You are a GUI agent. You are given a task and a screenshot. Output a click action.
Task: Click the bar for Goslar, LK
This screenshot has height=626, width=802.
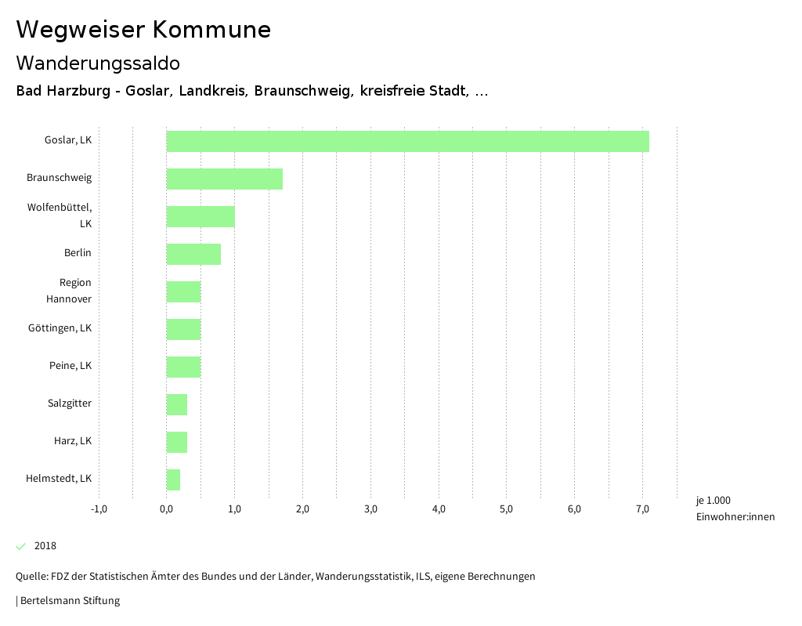(x=407, y=141)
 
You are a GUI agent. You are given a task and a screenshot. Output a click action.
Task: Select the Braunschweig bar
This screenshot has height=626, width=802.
(x=224, y=179)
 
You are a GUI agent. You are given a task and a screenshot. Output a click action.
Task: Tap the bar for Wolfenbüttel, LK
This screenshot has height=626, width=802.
(x=200, y=216)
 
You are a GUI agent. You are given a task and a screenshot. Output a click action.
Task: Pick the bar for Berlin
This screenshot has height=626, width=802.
(x=193, y=254)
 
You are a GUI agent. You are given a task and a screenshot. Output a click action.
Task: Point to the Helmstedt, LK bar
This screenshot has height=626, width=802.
(x=173, y=479)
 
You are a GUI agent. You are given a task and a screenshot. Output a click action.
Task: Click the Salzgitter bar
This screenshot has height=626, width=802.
(x=177, y=404)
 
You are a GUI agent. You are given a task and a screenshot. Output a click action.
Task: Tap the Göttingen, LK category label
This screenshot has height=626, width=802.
(x=60, y=327)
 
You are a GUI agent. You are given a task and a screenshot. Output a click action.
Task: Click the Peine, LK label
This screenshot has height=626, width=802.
(x=70, y=365)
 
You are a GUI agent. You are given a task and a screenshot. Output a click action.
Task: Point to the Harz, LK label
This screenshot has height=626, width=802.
(x=73, y=440)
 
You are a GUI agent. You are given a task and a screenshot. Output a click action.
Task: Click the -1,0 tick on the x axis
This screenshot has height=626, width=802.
(x=99, y=509)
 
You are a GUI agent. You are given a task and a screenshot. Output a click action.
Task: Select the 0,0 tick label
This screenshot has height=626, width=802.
(x=167, y=509)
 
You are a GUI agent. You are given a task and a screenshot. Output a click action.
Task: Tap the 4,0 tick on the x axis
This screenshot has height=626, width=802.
(x=439, y=509)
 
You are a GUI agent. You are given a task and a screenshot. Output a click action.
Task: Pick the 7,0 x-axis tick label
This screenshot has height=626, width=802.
(x=642, y=509)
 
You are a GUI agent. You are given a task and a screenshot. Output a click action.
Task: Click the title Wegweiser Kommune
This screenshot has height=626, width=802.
(x=143, y=30)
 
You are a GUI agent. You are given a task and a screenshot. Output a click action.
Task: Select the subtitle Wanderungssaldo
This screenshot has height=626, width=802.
(x=98, y=63)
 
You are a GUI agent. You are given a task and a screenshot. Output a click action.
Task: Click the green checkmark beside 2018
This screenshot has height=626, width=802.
(x=21, y=546)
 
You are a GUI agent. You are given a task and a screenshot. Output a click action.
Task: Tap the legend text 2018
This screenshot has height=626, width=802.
(x=45, y=546)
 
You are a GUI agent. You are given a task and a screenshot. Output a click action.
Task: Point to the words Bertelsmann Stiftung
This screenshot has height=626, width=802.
(x=70, y=601)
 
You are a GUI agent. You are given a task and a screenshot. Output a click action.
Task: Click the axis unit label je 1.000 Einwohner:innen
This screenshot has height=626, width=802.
(x=735, y=508)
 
